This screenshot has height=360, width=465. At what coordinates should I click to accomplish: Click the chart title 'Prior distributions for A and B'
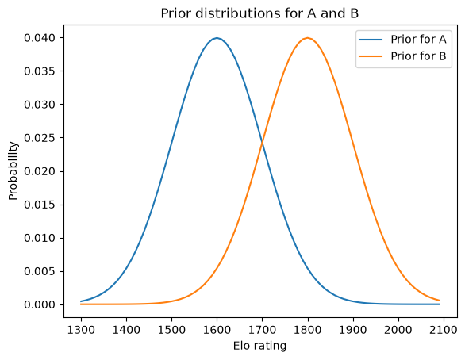259,13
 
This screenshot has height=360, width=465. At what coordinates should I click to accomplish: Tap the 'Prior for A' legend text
418,40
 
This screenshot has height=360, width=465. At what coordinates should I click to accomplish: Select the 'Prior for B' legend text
418,56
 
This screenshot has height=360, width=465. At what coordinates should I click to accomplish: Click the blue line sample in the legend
371,40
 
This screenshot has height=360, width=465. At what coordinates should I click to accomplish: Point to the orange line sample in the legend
371,56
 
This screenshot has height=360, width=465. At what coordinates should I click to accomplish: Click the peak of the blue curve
217,38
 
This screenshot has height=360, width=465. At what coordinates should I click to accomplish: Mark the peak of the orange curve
308,38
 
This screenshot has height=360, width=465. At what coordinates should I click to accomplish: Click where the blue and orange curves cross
263,144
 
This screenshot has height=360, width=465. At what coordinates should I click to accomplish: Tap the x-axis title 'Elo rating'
259,346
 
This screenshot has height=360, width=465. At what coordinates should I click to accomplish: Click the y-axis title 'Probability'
13,171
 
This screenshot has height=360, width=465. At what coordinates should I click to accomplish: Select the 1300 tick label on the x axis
81,330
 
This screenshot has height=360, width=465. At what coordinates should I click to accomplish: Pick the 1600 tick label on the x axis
217,330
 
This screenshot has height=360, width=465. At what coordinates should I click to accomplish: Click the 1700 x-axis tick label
263,330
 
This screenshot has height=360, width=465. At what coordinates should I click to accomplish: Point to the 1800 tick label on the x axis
308,330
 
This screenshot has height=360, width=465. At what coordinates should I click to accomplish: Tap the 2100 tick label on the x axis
444,330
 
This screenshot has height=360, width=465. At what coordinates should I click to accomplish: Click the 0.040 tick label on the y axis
40,38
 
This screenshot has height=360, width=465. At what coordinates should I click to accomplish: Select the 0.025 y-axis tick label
40,138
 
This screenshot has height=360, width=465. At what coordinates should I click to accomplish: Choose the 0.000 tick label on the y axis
40,304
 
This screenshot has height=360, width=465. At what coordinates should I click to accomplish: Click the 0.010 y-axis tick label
40,238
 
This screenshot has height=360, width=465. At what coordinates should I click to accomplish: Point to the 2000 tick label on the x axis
398,330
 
